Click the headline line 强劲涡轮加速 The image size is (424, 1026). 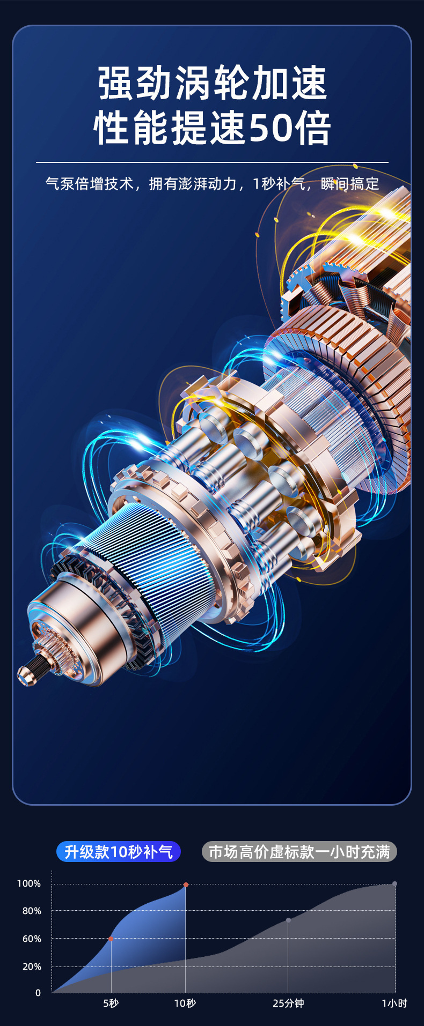click(213, 84)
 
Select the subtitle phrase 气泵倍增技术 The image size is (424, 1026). click(89, 184)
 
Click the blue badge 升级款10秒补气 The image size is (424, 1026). click(119, 851)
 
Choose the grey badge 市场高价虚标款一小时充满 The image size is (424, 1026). click(299, 851)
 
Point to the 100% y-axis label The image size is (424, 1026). click(29, 883)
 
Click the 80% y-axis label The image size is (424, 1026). click(32, 911)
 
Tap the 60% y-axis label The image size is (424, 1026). click(32, 939)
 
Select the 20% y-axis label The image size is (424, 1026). click(32, 966)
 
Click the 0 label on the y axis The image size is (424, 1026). click(38, 993)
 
